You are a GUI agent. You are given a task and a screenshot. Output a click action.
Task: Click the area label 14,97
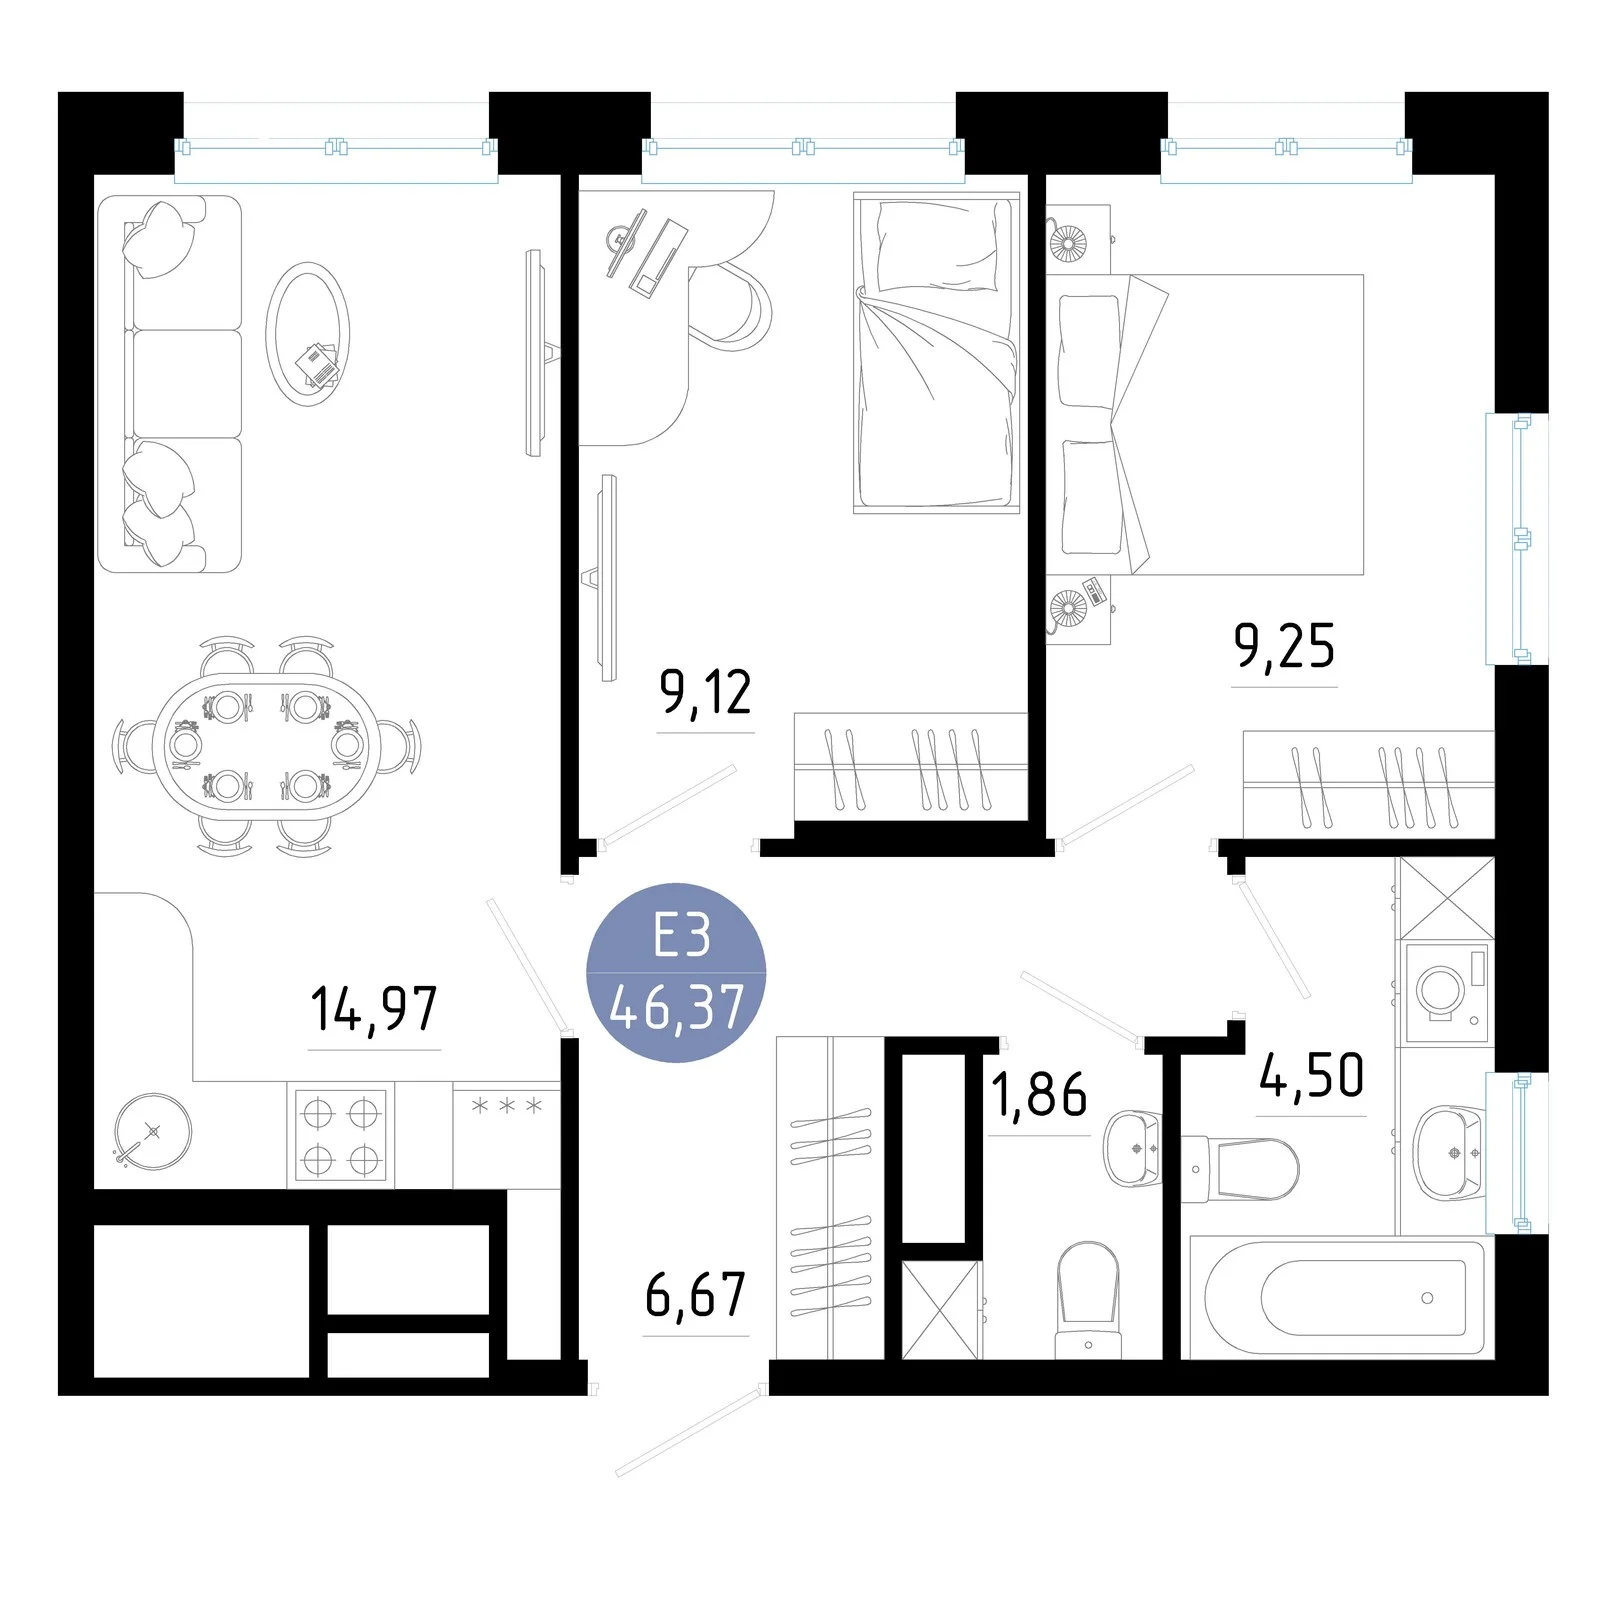pyautogui.click(x=374, y=1008)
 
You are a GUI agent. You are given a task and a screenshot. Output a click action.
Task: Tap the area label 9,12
pyautogui.click(x=705, y=692)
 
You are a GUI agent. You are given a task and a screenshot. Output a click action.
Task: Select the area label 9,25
pyautogui.click(x=1284, y=646)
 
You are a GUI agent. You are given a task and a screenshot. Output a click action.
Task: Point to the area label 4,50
pyautogui.click(x=1311, y=1076)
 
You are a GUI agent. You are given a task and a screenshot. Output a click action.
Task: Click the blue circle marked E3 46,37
pyautogui.click(x=676, y=972)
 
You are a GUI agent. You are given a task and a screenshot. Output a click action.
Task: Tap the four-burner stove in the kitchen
pyautogui.click(x=340, y=1135)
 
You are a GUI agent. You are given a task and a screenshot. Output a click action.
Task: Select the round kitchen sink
pyautogui.click(x=152, y=1131)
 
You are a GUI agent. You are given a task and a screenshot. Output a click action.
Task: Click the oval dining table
pyautogui.click(x=265, y=745)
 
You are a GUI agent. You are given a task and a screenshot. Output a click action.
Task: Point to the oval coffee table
pyautogui.click(x=308, y=334)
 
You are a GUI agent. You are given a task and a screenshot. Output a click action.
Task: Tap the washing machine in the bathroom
pyautogui.click(x=1446, y=990)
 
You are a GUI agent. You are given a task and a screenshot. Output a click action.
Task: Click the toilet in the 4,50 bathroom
pyautogui.click(x=1240, y=1168)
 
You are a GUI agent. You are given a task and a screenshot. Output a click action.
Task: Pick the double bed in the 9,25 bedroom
pyautogui.click(x=1206, y=424)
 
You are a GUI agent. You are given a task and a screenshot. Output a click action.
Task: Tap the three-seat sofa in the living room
pyautogui.click(x=170, y=384)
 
